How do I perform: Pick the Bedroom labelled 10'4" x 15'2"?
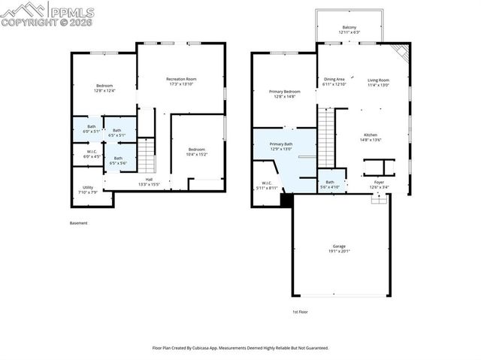(196, 151)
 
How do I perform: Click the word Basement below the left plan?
(78, 223)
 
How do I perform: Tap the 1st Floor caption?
(301, 311)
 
